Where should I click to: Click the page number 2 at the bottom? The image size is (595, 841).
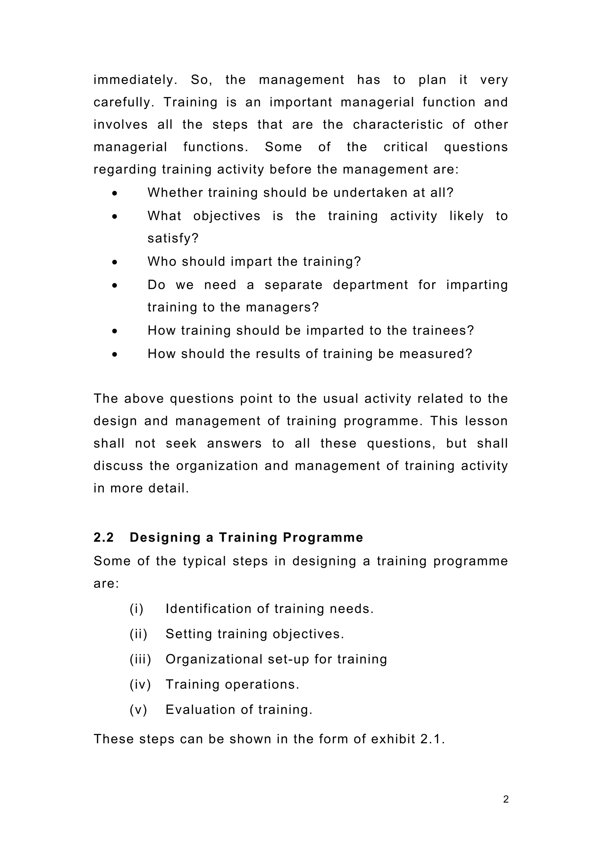[506, 799]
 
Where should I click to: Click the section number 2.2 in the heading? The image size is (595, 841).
[103, 537]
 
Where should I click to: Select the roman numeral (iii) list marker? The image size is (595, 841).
[140, 659]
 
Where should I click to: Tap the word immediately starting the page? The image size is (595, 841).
[135, 80]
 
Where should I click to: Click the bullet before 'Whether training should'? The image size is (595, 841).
[115, 193]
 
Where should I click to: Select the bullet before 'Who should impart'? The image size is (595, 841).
[115, 262]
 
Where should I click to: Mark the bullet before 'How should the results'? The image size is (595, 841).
[115, 354]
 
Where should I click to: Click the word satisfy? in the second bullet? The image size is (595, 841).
[173, 238]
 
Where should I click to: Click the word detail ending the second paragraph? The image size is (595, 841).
[168, 488]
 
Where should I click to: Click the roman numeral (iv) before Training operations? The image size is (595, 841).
[140, 684]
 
